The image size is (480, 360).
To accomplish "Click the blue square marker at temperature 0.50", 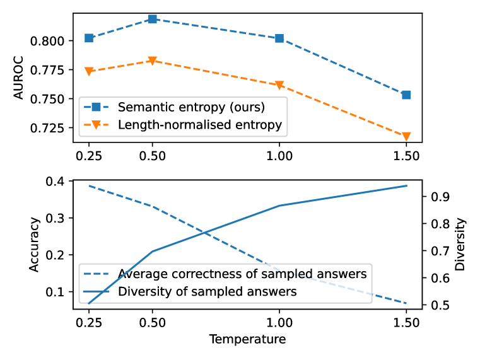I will [153, 19].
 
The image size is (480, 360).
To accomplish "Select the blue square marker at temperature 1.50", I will [406, 95].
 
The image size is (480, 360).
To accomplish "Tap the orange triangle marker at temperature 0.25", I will [89, 71].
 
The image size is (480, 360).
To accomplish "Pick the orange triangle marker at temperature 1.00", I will [279, 85].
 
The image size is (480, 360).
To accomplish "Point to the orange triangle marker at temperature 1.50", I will [406, 136].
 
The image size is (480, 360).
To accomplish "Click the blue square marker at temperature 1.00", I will [279, 38].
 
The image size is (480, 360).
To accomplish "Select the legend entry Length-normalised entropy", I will [200, 125].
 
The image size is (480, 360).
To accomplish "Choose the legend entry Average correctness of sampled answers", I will [242, 274].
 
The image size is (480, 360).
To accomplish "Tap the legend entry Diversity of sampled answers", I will [208, 292].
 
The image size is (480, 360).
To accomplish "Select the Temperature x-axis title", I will [247, 340].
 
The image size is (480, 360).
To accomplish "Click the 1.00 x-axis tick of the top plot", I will [279, 155].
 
